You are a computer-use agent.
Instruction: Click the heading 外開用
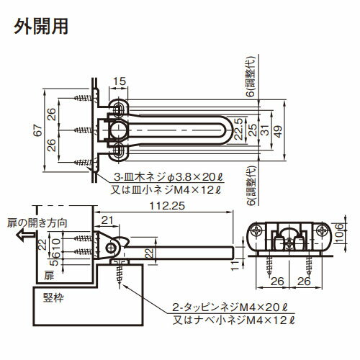tap(41, 26)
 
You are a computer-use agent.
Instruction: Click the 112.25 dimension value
tap(167, 206)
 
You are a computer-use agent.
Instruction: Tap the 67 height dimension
tap(37, 130)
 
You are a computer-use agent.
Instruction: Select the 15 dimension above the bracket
tap(120, 81)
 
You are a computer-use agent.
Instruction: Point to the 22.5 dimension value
tap(239, 129)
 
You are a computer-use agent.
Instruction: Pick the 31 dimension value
tap(265, 130)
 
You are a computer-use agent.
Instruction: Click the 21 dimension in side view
tap(107, 220)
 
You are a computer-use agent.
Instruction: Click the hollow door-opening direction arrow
tap(25, 235)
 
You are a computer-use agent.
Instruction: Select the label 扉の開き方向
tap(37, 223)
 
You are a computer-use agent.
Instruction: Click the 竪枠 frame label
tap(53, 298)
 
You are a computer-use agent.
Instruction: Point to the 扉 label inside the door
tap(49, 276)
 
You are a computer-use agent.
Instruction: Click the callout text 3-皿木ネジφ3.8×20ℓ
tap(168, 178)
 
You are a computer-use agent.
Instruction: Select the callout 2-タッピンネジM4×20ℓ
tap(230, 307)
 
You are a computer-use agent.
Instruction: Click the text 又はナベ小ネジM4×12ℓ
tap(233, 320)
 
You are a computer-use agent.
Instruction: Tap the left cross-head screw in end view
tap(256, 231)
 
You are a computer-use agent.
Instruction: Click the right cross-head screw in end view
tap(322, 231)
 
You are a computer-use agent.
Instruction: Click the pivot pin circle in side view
tap(111, 248)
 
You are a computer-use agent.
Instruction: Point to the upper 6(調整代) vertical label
tap(251, 76)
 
